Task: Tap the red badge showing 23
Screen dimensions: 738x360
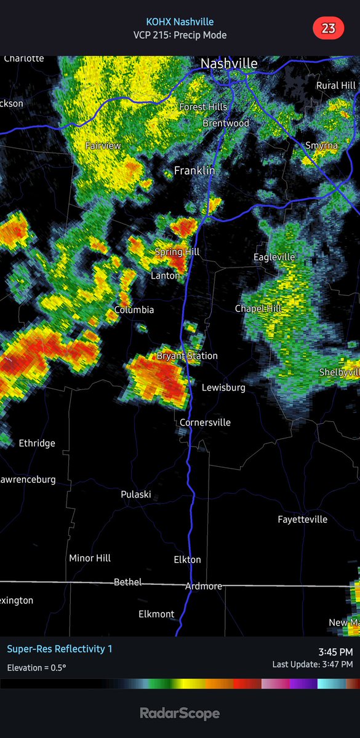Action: (x=327, y=28)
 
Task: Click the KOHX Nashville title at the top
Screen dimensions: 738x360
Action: (x=180, y=22)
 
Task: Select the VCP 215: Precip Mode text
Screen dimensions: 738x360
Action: (x=180, y=35)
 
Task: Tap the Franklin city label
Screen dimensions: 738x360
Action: (x=194, y=170)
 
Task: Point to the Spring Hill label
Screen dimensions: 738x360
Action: (x=177, y=252)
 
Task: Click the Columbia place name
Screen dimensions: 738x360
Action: (x=134, y=309)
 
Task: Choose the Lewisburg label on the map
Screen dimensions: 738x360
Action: (x=223, y=387)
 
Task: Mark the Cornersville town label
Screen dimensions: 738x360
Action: (x=205, y=423)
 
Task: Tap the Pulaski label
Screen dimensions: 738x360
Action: (x=136, y=494)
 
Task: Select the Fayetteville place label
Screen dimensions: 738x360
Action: (x=302, y=520)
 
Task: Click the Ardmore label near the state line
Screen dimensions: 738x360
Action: (x=204, y=586)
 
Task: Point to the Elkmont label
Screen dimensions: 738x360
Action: (x=156, y=614)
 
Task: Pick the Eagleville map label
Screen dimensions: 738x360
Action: (x=274, y=256)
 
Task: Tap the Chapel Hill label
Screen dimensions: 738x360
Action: (x=258, y=308)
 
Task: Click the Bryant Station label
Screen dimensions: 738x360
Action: (x=187, y=355)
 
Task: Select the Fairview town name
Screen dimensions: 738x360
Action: (x=103, y=146)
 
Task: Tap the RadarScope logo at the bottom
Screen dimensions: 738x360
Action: (x=180, y=713)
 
